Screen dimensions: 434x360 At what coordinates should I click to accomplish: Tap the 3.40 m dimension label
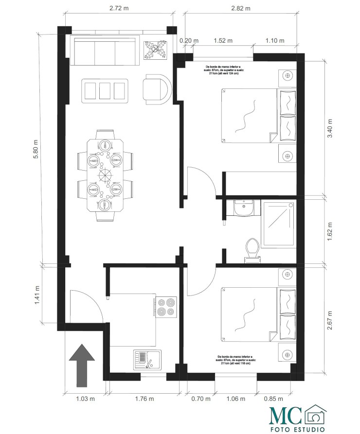point(330,128)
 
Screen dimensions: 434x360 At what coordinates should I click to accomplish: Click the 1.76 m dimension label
point(144,399)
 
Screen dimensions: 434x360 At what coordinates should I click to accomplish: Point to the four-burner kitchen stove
point(166,307)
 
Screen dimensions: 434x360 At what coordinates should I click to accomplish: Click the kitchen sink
point(146,360)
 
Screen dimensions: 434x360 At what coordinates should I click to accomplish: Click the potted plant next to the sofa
point(156,50)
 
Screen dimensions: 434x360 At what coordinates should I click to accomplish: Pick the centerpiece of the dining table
point(105,174)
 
